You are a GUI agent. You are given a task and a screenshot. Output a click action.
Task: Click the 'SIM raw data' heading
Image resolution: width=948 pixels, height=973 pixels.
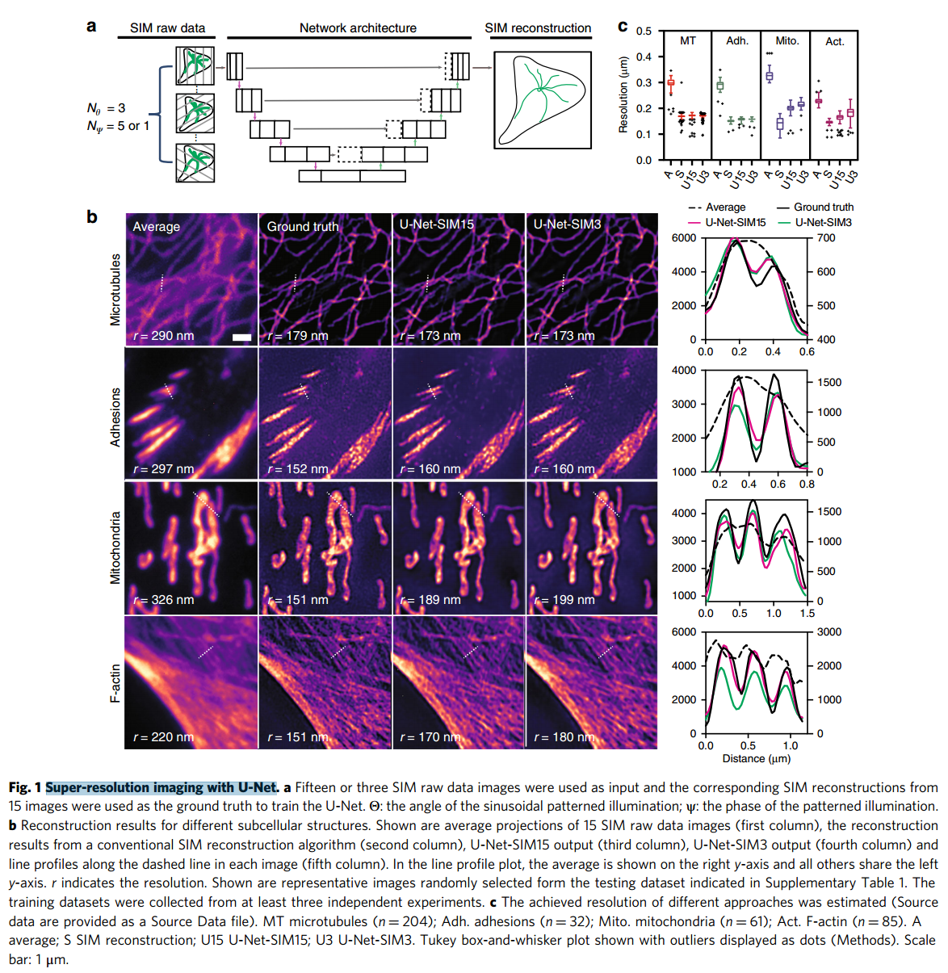click(x=167, y=27)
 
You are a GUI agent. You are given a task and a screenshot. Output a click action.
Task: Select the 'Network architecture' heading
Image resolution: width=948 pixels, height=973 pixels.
click(x=358, y=27)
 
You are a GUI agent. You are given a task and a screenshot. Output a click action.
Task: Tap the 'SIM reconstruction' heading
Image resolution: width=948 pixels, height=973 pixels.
click(x=538, y=27)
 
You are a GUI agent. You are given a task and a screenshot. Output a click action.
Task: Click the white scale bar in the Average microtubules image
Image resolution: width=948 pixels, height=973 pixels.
click(x=241, y=337)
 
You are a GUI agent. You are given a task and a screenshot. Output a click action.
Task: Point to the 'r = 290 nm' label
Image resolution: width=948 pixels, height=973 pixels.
click(x=164, y=335)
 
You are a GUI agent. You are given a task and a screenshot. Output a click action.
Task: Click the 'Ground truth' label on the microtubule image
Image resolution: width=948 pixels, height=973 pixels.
click(x=303, y=227)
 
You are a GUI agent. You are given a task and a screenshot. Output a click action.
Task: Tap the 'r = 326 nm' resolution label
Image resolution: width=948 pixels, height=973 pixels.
click(x=164, y=599)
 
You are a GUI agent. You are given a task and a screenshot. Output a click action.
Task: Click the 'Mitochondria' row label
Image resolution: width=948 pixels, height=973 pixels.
click(x=115, y=547)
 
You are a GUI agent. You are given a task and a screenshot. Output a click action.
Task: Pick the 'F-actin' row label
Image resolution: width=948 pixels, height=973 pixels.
click(x=115, y=683)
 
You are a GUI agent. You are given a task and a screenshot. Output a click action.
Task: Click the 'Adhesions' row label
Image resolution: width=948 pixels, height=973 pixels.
click(x=115, y=417)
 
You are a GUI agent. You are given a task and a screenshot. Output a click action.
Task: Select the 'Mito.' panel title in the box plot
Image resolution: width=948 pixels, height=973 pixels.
click(x=787, y=40)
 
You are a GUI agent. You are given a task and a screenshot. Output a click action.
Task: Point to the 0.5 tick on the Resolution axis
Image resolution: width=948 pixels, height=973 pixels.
click(x=644, y=31)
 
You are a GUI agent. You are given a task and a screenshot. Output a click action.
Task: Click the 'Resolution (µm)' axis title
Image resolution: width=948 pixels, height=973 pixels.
click(x=623, y=94)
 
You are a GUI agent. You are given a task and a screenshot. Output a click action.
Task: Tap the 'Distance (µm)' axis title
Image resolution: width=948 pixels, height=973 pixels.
click(x=756, y=758)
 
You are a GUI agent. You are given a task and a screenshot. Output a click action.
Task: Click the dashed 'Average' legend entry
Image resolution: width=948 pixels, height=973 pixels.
click(x=718, y=207)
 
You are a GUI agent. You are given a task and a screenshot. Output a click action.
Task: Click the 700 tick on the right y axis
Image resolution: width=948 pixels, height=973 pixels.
click(x=826, y=237)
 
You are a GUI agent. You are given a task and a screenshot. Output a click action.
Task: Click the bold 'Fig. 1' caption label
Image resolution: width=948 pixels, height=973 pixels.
click(x=25, y=787)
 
